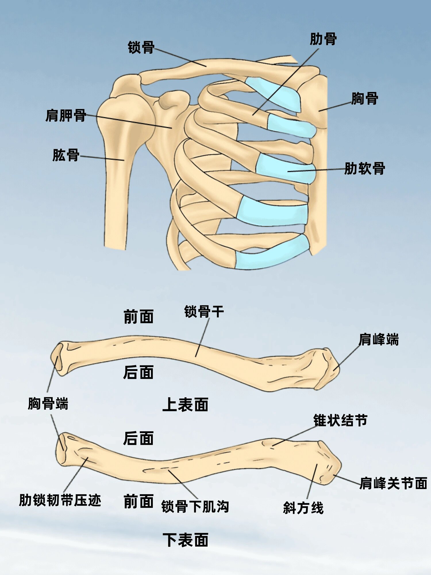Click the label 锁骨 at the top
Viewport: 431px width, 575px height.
click(x=141, y=47)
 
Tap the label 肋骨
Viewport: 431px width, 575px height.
click(x=323, y=39)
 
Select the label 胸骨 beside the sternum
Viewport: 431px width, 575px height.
click(x=364, y=99)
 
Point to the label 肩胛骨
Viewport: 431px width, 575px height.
click(x=66, y=116)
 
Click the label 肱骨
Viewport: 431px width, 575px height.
click(x=66, y=155)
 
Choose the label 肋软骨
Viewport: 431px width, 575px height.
click(x=365, y=168)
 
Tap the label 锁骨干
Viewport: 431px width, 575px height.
click(x=204, y=312)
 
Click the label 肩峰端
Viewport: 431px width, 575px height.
click(x=378, y=340)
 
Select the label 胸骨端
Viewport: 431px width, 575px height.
click(x=48, y=404)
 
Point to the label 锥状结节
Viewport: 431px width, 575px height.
click(x=340, y=421)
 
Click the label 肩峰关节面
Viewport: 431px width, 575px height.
click(x=393, y=483)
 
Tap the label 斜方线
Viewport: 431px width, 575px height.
click(x=303, y=508)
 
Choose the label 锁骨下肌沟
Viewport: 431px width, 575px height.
click(x=195, y=507)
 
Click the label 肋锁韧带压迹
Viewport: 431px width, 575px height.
click(x=60, y=500)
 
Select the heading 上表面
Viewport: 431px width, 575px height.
click(x=185, y=405)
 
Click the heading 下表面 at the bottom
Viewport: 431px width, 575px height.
click(x=185, y=540)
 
